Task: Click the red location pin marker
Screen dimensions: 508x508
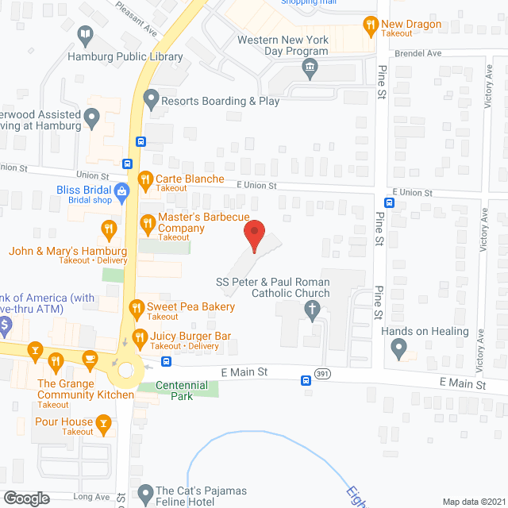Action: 253,236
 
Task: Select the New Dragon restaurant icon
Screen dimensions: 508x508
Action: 369,25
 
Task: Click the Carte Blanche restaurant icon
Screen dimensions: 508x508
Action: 144,179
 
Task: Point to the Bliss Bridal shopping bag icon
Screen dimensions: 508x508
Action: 121,190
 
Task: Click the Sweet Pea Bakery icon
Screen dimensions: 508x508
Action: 137,307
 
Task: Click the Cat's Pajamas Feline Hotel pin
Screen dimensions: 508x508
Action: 145,494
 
